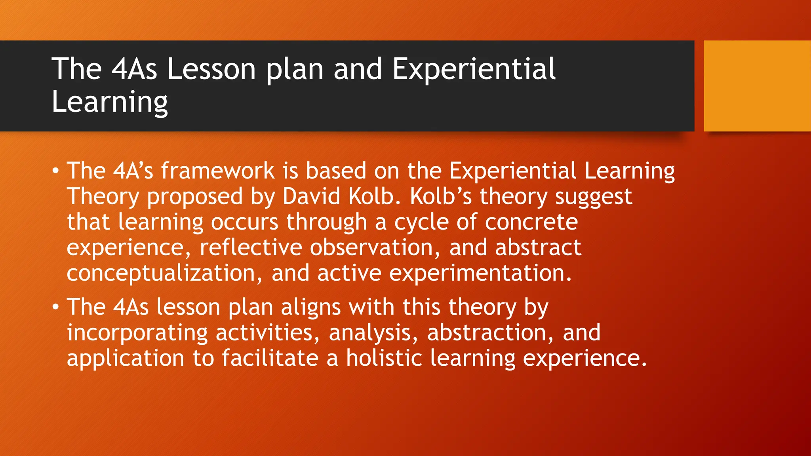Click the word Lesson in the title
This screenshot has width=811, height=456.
click(211, 69)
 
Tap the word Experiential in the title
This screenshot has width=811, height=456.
click(474, 69)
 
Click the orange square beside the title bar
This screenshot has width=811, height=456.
click(757, 86)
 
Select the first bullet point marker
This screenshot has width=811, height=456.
click(56, 171)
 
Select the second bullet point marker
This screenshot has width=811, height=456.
click(56, 307)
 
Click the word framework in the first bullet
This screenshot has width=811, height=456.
click(217, 171)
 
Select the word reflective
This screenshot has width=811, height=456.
click(251, 248)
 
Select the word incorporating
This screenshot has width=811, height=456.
click(137, 333)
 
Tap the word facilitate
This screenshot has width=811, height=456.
click(270, 358)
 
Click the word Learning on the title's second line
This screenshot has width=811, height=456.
click(110, 102)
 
